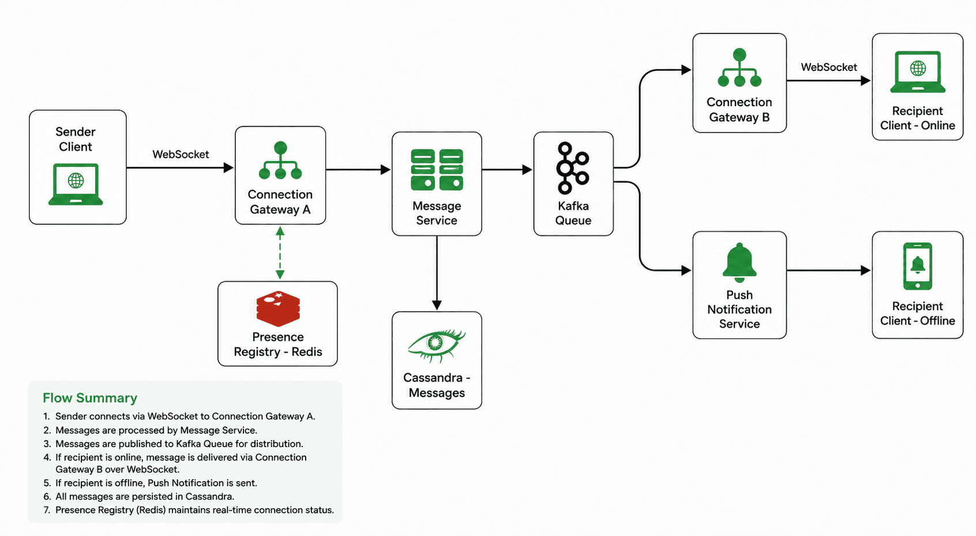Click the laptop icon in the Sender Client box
[x=76, y=184]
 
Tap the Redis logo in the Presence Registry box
[x=278, y=309]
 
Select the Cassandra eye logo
[x=437, y=345]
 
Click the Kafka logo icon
[x=573, y=168]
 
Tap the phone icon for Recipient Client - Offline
[x=918, y=266]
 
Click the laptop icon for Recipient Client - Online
[x=918, y=72]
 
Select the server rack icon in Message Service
[x=437, y=170]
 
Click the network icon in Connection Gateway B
[x=739, y=68]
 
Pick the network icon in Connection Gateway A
[x=280, y=160]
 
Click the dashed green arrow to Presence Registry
[x=280, y=253]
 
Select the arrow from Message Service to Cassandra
[x=437, y=273]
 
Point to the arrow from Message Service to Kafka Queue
[x=507, y=170]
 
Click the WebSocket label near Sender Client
[x=181, y=154]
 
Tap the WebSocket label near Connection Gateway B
[x=829, y=67]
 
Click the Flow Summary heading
[x=90, y=398]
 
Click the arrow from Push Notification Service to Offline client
[x=829, y=271]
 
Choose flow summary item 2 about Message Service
[x=150, y=430]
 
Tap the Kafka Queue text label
[x=573, y=213]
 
